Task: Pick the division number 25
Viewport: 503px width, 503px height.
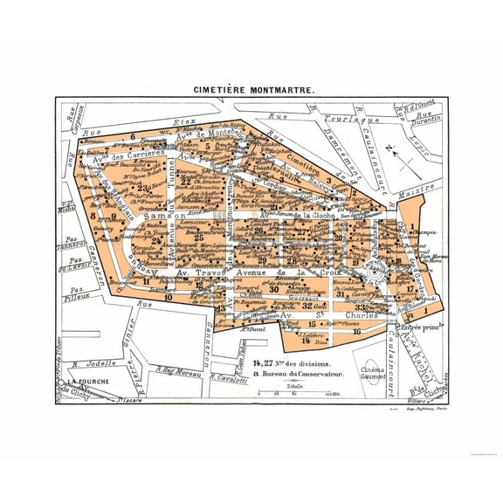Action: pos(199,237)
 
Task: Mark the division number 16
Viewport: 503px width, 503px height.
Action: pos(356,331)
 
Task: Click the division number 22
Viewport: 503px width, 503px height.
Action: pos(185,182)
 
